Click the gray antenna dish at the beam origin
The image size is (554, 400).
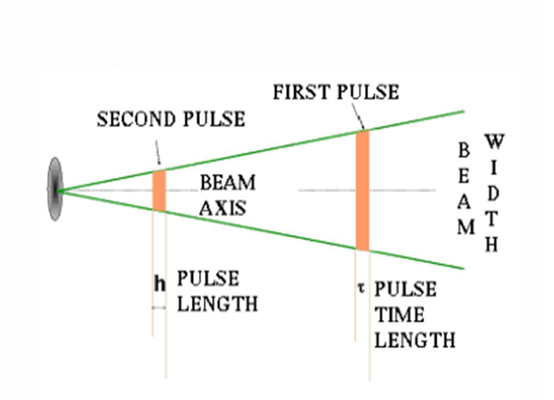point(55,189)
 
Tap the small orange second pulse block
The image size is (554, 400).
point(159,190)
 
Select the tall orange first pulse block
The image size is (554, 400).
point(363,190)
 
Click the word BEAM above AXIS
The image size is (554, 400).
point(227,183)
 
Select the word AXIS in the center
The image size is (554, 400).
point(222,207)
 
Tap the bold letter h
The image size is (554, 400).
point(159,284)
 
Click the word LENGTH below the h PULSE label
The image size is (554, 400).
point(218,304)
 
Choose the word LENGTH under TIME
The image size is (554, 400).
point(415,340)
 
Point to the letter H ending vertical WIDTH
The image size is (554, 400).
point(492,245)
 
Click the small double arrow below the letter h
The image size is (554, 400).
point(158,307)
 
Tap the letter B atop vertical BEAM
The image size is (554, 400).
point(464,150)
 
